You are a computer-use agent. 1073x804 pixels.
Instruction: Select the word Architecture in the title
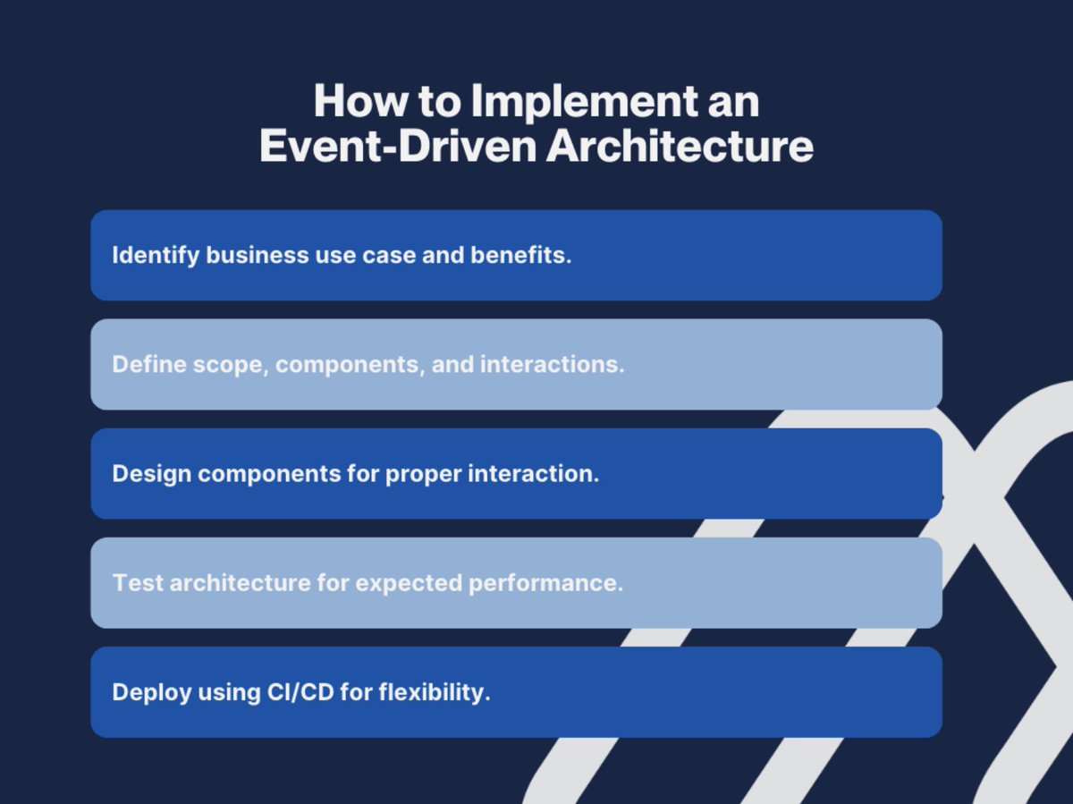click(680, 146)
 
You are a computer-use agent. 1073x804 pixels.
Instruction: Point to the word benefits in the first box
click(521, 255)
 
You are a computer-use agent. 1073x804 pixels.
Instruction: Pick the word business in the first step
click(258, 255)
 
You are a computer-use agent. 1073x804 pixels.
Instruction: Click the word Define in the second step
click(149, 365)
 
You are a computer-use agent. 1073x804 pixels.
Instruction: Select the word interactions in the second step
click(553, 365)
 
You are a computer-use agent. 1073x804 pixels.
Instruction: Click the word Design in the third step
click(151, 475)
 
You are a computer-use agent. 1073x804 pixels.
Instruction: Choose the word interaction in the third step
click(533, 474)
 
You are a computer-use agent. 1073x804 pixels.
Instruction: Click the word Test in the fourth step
click(138, 583)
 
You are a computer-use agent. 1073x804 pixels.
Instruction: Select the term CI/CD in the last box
click(300, 693)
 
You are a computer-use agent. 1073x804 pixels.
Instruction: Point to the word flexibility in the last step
click(435, 693)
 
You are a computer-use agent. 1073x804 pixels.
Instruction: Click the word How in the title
click(361, 101)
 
